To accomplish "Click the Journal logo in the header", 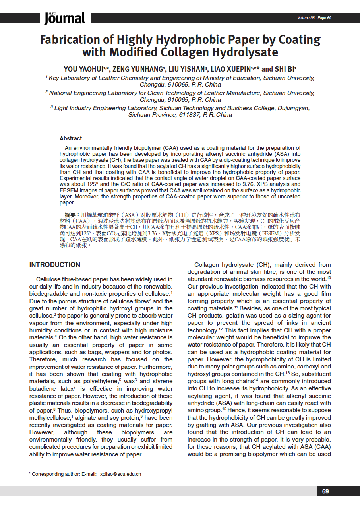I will [x=64, y=18].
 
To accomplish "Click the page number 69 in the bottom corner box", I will [x=325, y=491].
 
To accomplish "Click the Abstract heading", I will [x=71, y=138].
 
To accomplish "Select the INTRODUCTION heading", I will [x=55, y=265].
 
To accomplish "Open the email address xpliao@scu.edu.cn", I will [x=120, y=474].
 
